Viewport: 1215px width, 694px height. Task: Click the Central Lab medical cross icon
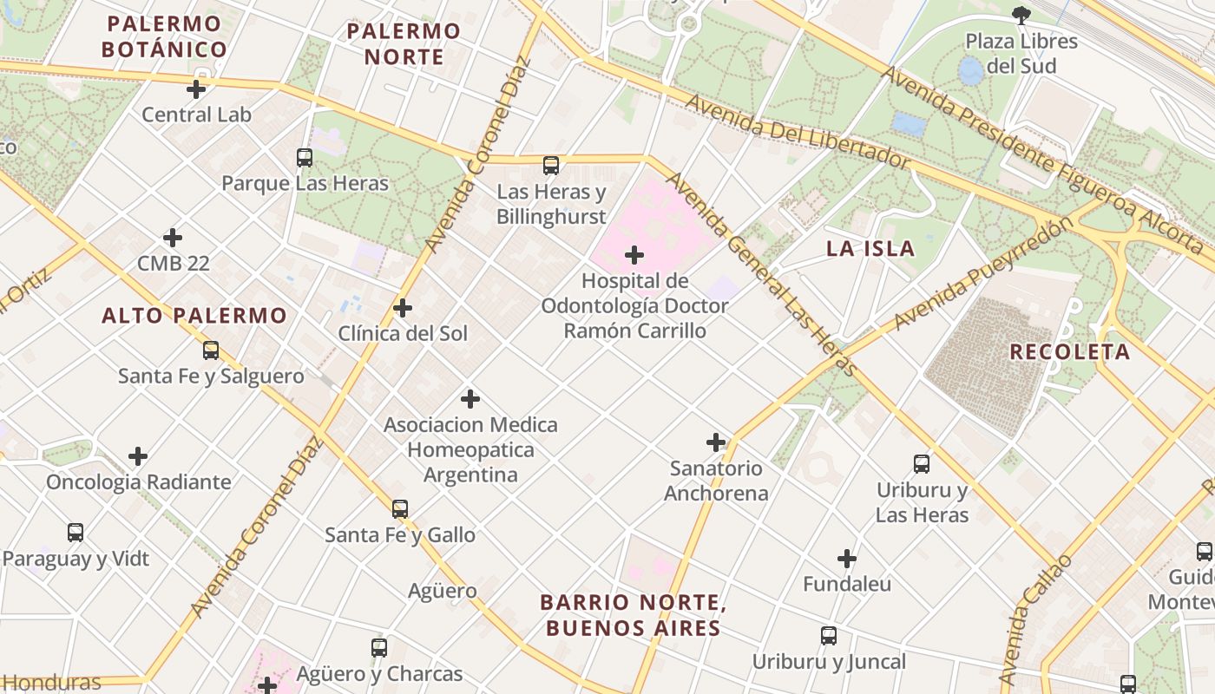196,88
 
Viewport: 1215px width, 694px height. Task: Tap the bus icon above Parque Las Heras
305,158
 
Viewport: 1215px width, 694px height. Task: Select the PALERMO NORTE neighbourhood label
404,44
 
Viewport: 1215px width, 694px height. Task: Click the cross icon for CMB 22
173,238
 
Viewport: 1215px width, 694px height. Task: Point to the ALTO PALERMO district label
194,316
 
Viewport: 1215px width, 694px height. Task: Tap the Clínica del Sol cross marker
403,308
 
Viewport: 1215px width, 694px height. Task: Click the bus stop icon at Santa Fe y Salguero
211,350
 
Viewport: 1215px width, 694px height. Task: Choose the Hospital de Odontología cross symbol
634,255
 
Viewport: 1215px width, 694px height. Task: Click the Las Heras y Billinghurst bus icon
551,166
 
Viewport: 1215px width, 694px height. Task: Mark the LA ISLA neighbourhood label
870,249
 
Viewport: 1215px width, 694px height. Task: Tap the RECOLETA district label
1070,352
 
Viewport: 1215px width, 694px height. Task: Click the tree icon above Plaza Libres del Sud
1021,15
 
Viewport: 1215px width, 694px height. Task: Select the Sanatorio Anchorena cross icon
716,442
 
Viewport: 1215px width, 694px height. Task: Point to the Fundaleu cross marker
847,559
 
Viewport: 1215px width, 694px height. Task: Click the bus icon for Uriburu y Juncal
829,636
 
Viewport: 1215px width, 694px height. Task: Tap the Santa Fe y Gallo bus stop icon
400,509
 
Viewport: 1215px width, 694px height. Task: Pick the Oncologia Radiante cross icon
138,456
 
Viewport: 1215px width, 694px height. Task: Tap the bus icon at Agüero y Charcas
379,648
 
